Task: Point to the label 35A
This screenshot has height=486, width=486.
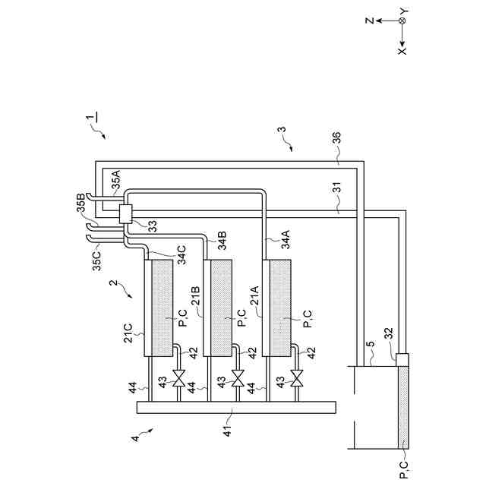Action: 115,181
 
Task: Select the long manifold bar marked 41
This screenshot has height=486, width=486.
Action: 235,406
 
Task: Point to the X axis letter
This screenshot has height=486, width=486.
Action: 402,50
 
